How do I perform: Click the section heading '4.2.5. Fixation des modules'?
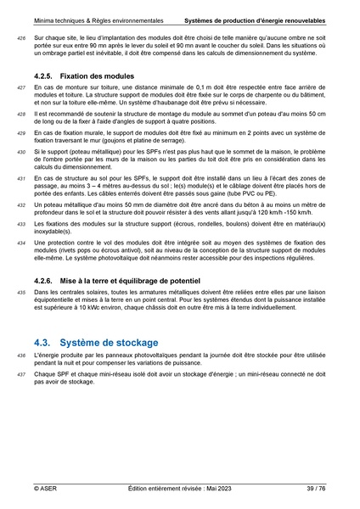84,76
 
